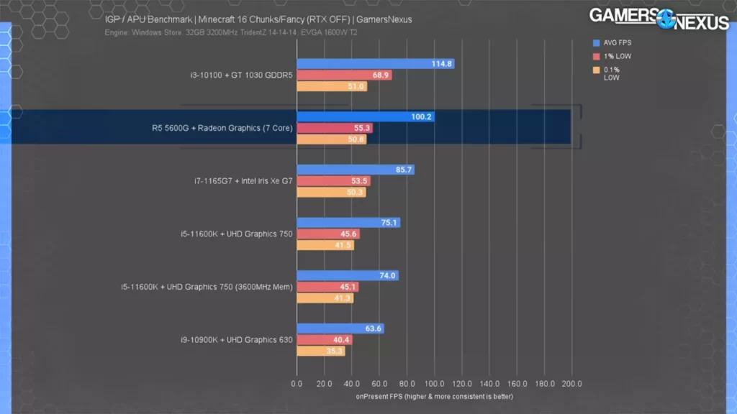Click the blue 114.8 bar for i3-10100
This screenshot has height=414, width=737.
tap(375, 64)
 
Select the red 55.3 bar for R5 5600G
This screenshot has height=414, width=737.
tap(335, 128)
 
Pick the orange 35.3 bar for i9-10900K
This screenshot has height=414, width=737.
tap(320, 351)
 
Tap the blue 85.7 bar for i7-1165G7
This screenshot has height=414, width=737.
tap(355, 170)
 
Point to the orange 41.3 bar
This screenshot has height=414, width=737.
tap(325, 298)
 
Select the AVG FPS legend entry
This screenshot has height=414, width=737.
tap(615, 42)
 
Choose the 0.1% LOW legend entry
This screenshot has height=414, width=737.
tap(611, 73)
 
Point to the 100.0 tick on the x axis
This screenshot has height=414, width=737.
tap(434, 384)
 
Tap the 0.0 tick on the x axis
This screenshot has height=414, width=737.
tap(297, 384)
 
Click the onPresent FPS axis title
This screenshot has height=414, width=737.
tap(434, 396)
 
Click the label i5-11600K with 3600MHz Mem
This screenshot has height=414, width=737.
tap(207, 287)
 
